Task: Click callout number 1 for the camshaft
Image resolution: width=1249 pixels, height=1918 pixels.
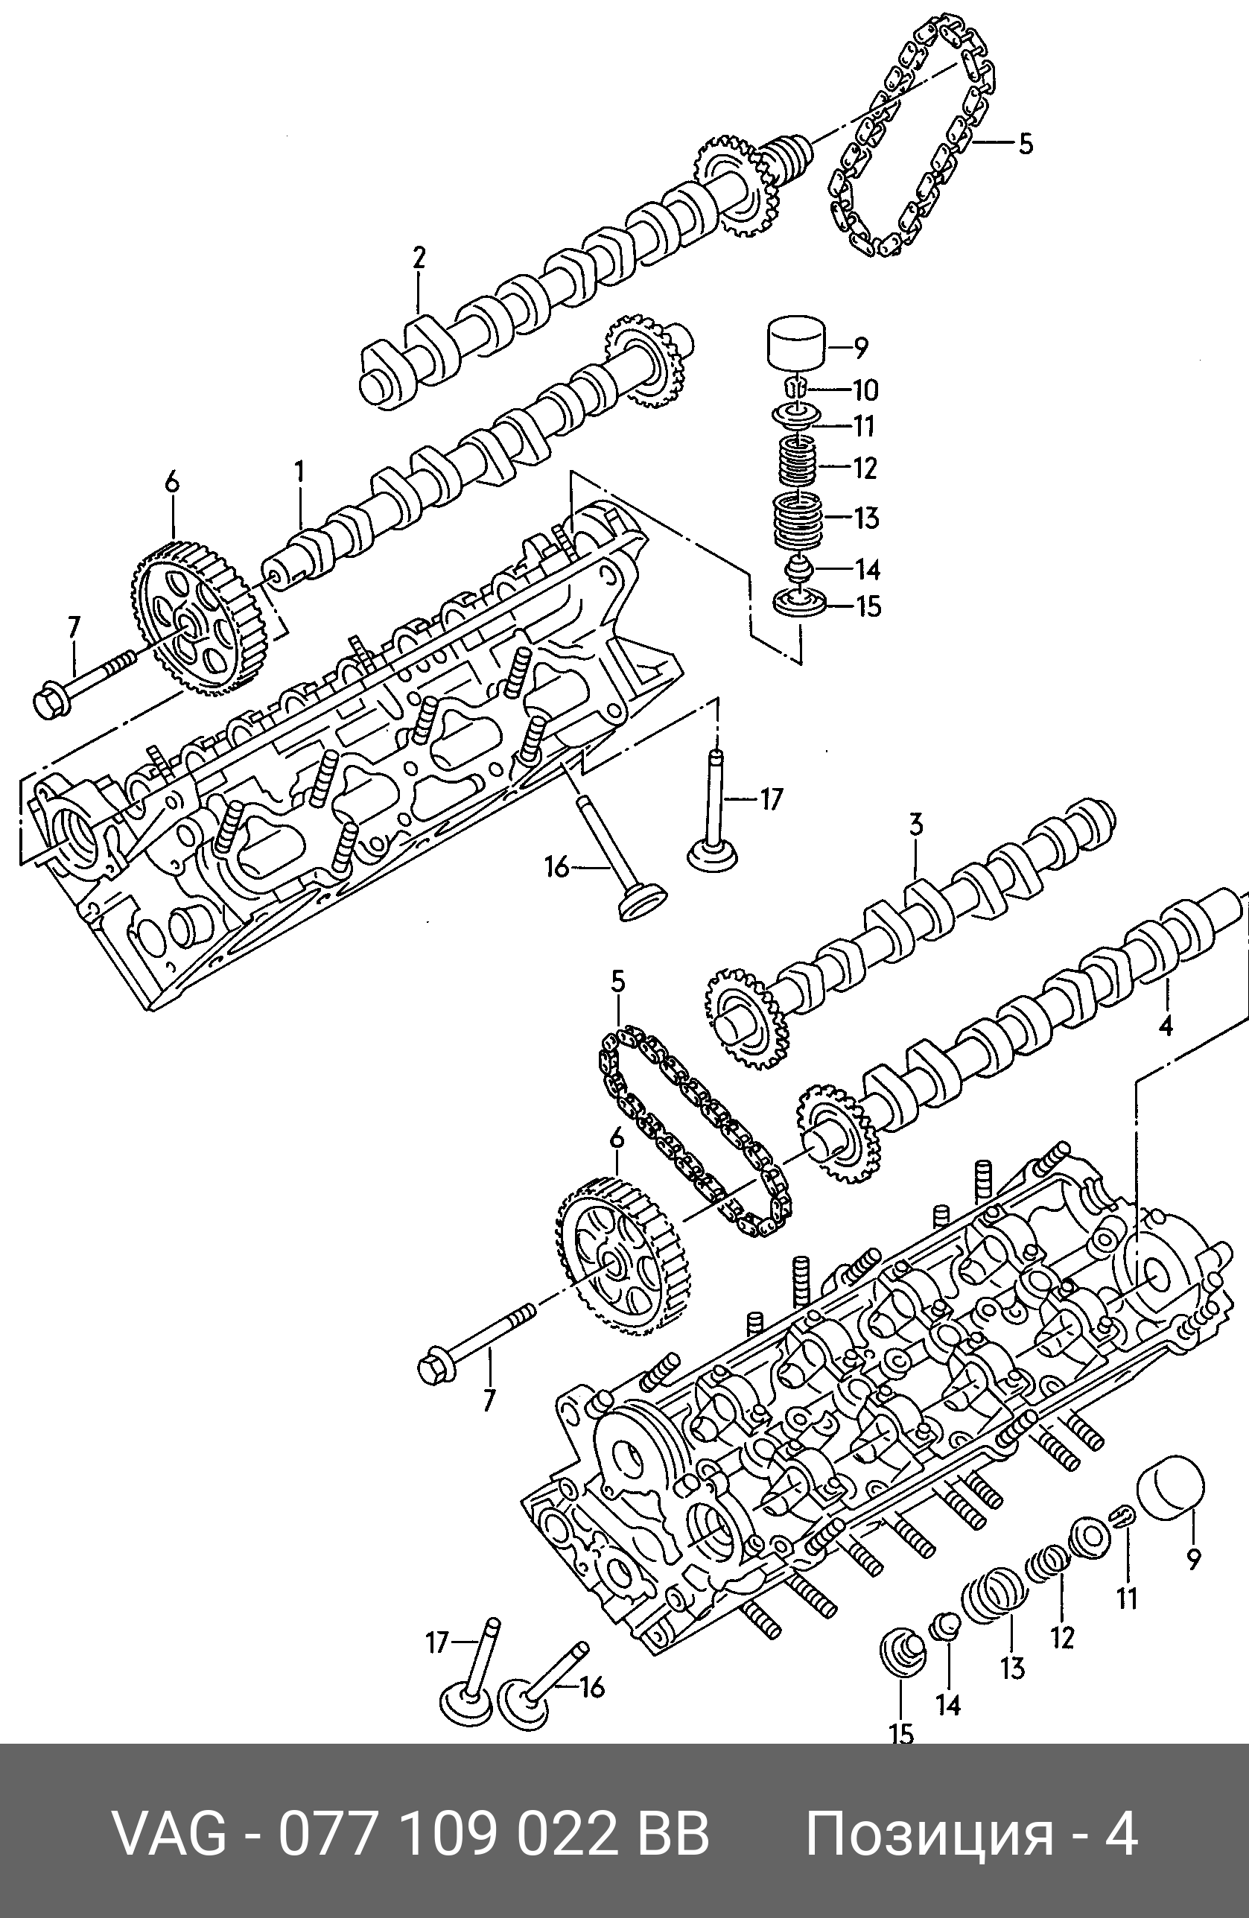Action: [x=299, y=472]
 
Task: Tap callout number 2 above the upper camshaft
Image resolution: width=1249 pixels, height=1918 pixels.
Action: [x=419, y=258]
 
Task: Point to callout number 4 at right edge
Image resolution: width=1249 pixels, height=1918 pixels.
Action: [x=1165, y=1026]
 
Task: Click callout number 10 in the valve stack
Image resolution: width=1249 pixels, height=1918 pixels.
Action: [x=865, y=391]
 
